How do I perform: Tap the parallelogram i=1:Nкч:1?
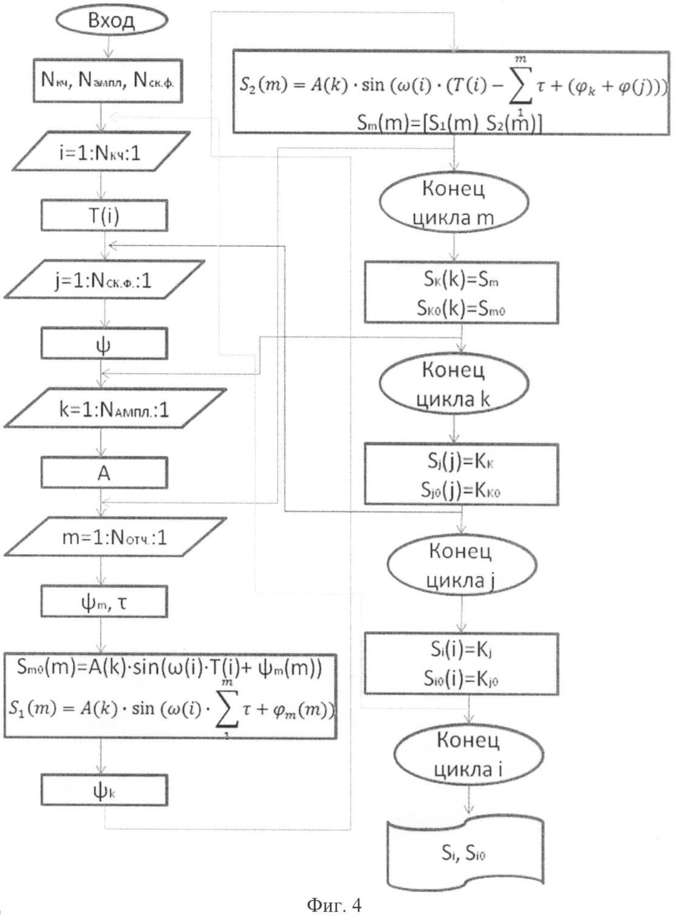pos(103,152)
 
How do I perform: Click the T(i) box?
pos(104,215)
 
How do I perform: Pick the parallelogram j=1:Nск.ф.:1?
pos(102,280)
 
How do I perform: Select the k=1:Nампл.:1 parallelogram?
pos(114,410)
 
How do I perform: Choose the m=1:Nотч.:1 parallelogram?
pos(114,537)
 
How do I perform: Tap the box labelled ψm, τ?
pos(104,602)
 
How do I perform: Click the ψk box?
pos(104,791)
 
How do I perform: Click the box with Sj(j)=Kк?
pos(461,474)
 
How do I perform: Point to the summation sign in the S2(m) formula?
pos(519,86)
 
